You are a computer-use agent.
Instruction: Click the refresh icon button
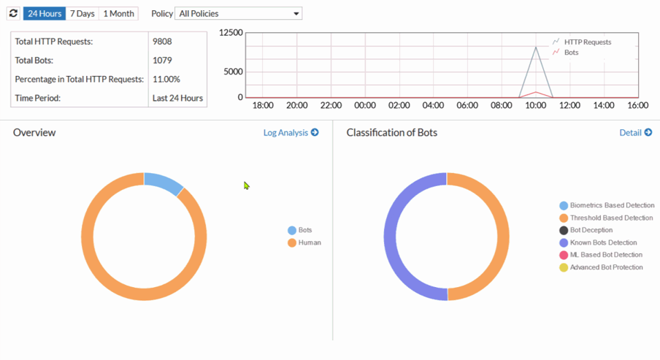[x=13, y=13]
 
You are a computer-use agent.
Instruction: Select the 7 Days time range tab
[x=82, y=13]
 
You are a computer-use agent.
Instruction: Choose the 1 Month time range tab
[x=118, y=13]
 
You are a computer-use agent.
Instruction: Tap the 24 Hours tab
[x=45, y=13]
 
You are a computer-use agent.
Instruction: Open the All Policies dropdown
[x=238, y=13]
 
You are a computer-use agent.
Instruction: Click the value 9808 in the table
[x=162, y=42]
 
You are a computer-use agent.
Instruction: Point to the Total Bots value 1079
[x=162, y=61]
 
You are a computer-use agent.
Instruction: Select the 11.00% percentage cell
[x=166, y=79]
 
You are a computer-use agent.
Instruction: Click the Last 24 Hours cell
[x=177, y=98]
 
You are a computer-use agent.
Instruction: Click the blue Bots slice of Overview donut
[x=164, y=183]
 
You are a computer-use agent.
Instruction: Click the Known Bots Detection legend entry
[x=602, y=242]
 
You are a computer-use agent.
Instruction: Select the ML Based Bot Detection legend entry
[x=605, y=255]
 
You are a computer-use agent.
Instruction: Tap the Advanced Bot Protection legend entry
[x=605, y=267]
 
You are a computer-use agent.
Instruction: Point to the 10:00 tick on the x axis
[x=536, y=105]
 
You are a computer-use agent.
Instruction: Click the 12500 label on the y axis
[x=231, y=34]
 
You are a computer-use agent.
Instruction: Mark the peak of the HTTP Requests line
[x=536, y=47]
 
